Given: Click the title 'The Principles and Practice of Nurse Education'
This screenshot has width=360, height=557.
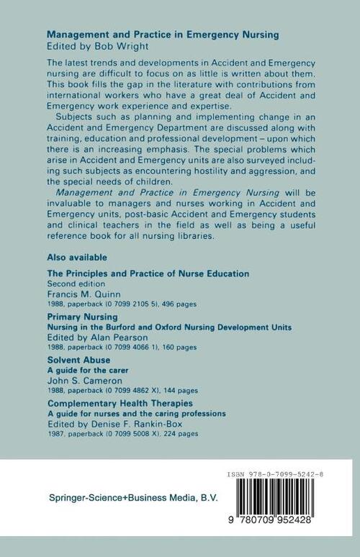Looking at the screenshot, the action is click(x=148, y=273).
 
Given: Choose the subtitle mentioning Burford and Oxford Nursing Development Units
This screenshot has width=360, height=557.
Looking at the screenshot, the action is click(x=168, y=327).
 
